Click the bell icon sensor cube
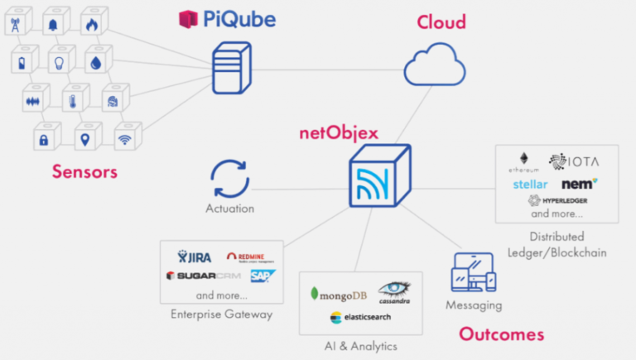[53, 25]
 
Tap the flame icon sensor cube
[91, 25]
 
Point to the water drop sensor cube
[97, 61]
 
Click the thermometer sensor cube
[74, 100]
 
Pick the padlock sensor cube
[43, 138]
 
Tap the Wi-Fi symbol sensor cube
[124, 138]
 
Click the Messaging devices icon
[474, 273]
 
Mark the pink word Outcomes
[501, 334]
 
